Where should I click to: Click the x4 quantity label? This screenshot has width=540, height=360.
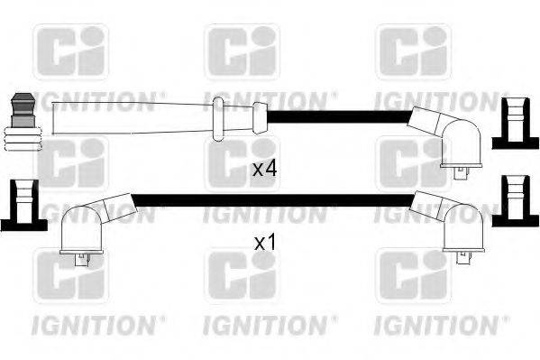[263, 169]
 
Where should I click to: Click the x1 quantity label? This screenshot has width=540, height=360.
[263, 243]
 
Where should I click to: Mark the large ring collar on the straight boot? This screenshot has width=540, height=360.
[217, 120]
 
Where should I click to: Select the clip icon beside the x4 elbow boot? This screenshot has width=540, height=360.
[515, 124]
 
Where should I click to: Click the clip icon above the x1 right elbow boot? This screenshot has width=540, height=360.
[515, 200]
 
